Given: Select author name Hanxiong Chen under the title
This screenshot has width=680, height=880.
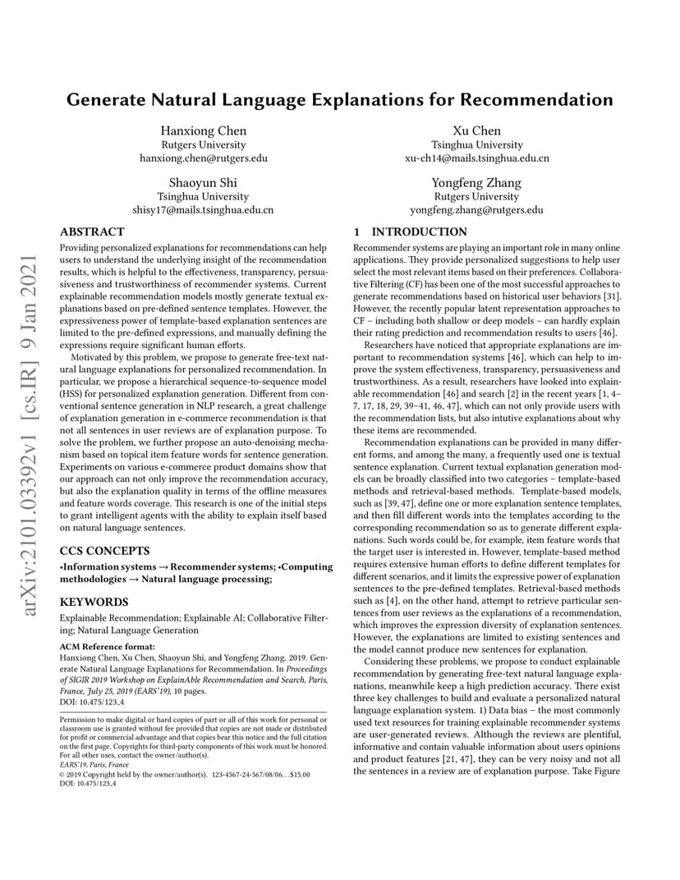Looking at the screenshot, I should (x=203, y=131).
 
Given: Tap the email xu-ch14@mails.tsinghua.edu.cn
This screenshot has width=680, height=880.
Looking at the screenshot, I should (x=476, y=158).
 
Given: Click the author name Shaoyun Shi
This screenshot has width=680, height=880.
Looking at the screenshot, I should (x=203, y=182).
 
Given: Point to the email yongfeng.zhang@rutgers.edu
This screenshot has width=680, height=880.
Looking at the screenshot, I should (x=476, y=209).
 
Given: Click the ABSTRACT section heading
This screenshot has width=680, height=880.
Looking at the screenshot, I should (x=93, y=232).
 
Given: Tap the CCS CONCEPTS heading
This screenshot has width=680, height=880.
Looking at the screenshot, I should (x=104, y=550).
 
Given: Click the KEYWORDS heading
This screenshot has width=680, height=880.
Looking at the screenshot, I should (x=94, y=602).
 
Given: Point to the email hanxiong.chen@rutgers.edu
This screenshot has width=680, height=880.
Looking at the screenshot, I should (x=203, y=158).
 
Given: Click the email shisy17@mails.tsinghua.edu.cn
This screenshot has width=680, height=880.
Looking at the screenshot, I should (x=203, y=209).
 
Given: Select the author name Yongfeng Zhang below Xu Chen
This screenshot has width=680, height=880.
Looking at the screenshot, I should (x=476, y=182).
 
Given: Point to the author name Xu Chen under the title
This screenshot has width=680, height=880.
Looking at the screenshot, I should (x=476, y=131).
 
